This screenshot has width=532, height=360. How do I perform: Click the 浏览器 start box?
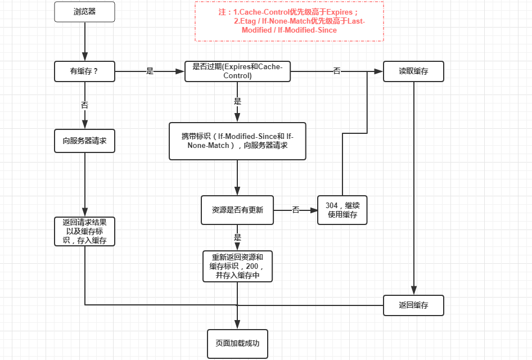coord(84,12)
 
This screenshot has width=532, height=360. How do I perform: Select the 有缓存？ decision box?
coord(84,71)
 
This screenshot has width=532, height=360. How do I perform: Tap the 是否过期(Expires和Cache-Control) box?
coord(237,71)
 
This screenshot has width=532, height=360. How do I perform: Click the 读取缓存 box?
coord(413,71)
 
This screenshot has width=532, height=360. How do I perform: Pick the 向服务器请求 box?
coord(84,141)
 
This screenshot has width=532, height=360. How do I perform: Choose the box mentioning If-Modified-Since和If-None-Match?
coord(237,141)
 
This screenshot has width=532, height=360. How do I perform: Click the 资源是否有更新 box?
coord(237,210)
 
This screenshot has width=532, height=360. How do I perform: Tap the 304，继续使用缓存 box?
coord(342,210)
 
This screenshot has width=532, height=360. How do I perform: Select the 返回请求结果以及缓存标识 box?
coord(84,231)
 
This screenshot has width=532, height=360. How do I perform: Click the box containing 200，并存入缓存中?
coord(237,266)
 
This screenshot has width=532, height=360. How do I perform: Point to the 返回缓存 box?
coord(413,305)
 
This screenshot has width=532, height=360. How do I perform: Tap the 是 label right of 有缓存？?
coord(150,71)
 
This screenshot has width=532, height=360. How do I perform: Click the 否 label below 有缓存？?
coord(84,105)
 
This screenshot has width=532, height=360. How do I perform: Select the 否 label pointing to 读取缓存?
coord(336,71)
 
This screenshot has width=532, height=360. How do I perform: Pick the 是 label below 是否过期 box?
coord(237,102)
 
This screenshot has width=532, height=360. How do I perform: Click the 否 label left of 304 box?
coord(295,210)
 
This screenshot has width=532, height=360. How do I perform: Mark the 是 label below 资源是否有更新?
coord(237,237)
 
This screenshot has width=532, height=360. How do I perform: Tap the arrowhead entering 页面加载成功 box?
coord(237,325)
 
